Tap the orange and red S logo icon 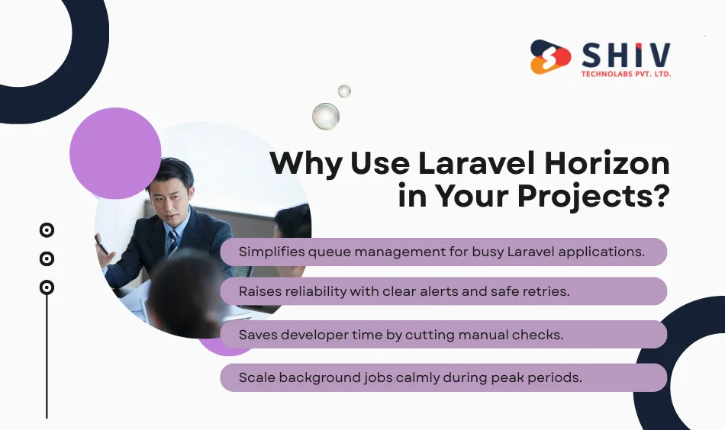point(551,57)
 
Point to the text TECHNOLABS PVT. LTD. point(626,75)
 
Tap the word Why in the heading point(305,164)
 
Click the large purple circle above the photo point(115,152)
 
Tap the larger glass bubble point(326,116)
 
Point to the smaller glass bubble point(344,91)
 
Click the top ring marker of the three point(47,229)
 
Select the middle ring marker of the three point(47,258)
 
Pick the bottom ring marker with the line point(47,287)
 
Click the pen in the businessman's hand point(101,244)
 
